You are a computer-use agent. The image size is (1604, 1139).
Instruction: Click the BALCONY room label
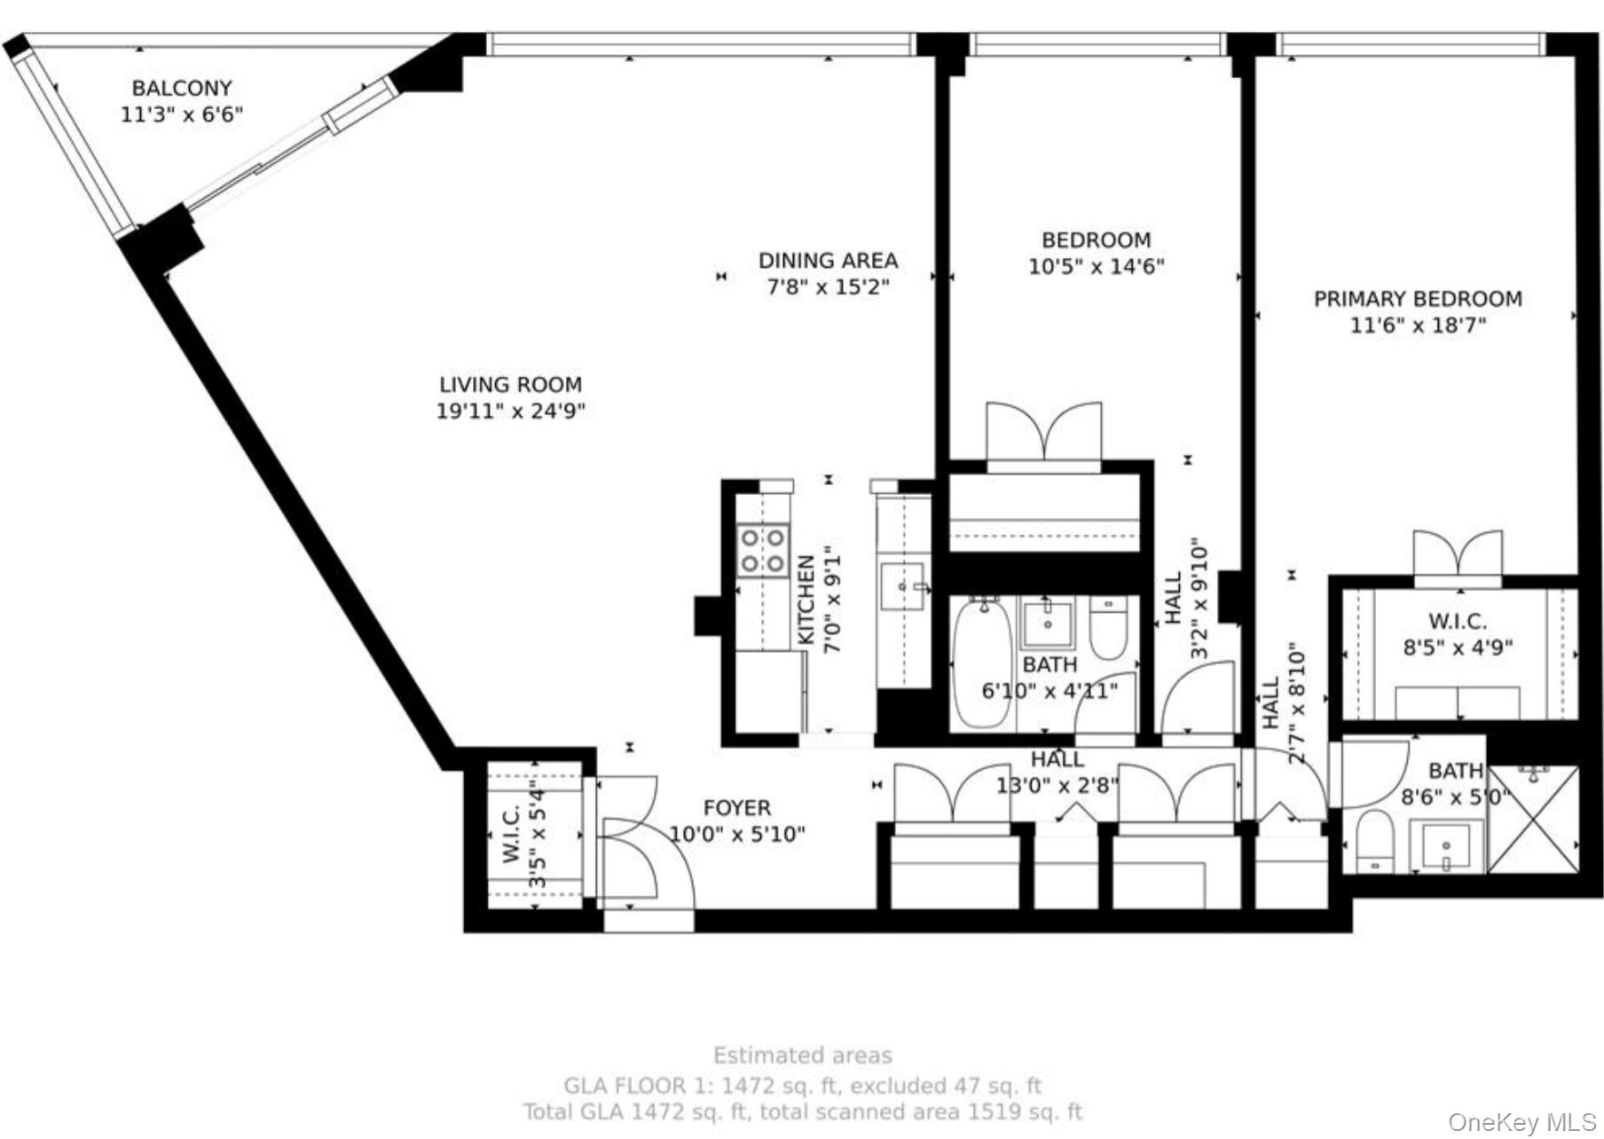coord(182,88)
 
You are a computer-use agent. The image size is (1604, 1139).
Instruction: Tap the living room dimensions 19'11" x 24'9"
coord(510,412)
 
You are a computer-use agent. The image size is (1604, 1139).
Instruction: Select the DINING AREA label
coord(827,261)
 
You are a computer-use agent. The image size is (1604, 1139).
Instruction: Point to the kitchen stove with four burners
coord(763,550)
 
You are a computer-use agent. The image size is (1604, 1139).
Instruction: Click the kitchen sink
coord(901,586)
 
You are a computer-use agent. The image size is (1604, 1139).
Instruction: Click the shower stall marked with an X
coord(1533,819)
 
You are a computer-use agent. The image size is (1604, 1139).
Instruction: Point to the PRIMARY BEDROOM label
coord(1417,299)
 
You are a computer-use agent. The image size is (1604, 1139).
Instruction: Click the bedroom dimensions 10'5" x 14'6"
coord(1096,266)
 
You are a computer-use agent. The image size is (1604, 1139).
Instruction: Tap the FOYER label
coord(736,808)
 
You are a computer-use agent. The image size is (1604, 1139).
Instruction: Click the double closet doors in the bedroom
coord(1043,433)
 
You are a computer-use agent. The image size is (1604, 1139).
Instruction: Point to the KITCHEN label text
coord(806,601)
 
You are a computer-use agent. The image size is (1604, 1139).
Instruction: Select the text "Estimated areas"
coord(802,1056)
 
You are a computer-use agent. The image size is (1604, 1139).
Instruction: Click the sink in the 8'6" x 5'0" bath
coord(1451,844)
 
